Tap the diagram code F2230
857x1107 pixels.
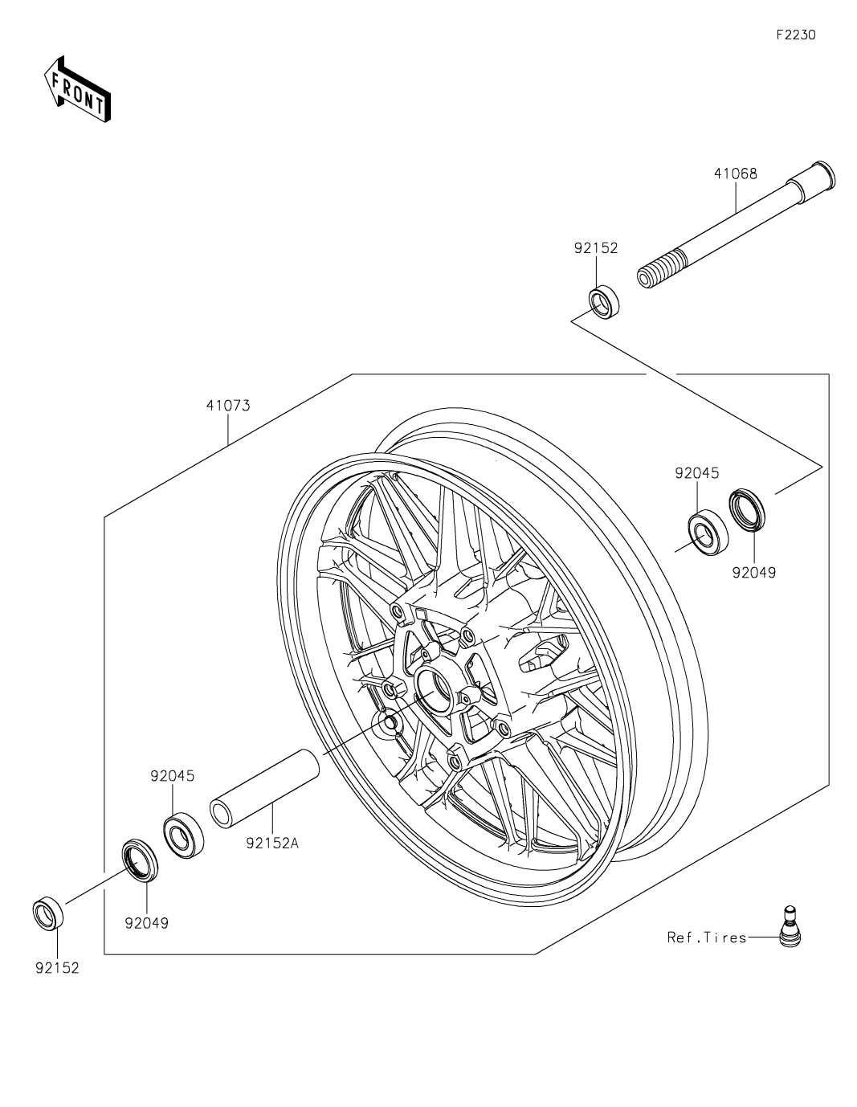coord(796,35)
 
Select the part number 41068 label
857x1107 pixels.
coord(735,174)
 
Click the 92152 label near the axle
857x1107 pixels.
coord(596,248)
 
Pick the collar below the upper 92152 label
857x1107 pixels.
coord(604,304)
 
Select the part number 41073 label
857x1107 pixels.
coord(228,406)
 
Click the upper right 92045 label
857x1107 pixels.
coord(697,473)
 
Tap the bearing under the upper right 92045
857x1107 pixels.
coord(708,532)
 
